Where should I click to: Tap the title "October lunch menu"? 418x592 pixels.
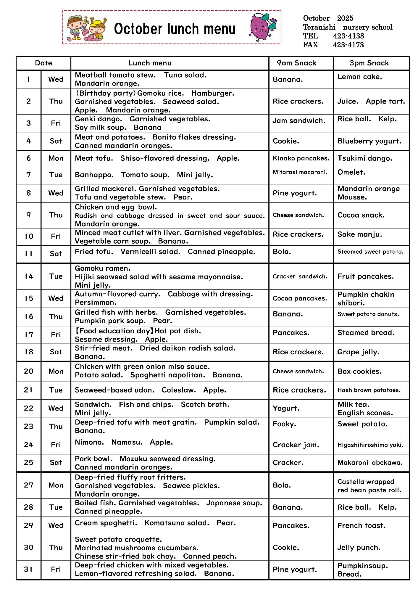[x=175, y=29]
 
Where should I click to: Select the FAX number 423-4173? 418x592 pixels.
[x=348, y=45]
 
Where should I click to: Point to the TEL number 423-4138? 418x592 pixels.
[x=348, y=36]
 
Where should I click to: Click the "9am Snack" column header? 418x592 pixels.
[x=296, y=63]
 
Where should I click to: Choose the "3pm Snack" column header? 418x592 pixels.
[x=369, y=63]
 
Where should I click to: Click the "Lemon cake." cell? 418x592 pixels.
[x=360, y=77]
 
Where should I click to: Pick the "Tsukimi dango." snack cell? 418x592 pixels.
[x=365, y=158]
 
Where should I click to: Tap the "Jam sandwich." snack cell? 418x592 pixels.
[x=299, y=121]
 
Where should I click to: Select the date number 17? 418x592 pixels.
[x=29, y=335]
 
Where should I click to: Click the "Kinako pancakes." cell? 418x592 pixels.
[x=301, y=158]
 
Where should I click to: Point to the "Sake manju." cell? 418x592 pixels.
[x=360, y=234]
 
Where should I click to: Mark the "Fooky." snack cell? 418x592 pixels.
[x=284, y=424]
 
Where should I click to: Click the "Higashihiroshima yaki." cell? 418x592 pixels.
[x=370, y=445]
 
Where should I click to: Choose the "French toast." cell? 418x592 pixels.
[x=361, y=526]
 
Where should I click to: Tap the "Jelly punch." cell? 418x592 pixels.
[x=359, y=548]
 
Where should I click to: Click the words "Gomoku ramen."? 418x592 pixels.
[x=103, y=268]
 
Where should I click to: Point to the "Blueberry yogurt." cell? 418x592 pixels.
[x=369, y=141]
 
